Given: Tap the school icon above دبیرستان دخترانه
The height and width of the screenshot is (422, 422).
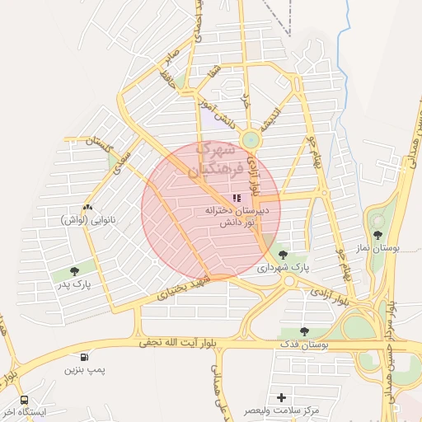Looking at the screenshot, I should pyautogui.click(x=237, y=199).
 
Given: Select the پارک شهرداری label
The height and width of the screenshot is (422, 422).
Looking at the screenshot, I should pyautogui.click(x=284, y=268).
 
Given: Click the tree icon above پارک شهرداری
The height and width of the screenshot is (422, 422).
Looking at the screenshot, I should pyautogui.click(x=284, y=255).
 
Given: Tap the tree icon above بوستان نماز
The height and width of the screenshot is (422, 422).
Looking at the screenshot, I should pyautogui.click(x=378, y=234).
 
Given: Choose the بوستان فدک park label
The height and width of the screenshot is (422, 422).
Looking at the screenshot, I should pyautogui.click(x=302, y=344).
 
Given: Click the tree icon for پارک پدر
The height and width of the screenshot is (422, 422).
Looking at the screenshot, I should pyautogui.click(x=75, y=270).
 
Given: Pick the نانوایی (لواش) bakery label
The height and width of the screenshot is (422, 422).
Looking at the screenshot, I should pyautogui.click(x=87, y=220).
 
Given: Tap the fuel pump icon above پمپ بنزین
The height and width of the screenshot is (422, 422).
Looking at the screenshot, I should pyautogui.click(x=85, y=357).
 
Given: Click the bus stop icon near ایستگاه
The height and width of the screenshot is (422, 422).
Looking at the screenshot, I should pyautogui.click(x=23, y=399).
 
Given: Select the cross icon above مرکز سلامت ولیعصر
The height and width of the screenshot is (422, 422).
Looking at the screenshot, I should pyautogui.click(x=283, y=397).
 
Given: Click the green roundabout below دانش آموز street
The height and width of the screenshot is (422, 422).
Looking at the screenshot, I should pyautogui.click(x=251, y=140).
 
